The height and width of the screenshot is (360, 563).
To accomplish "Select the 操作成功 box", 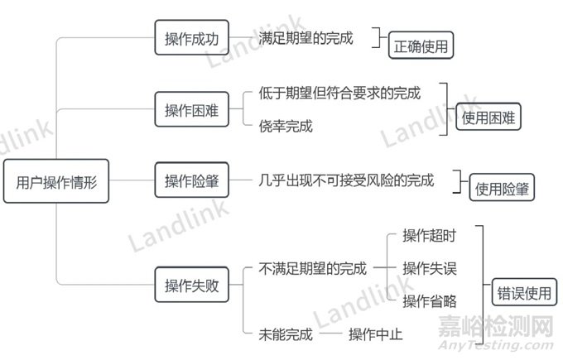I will click(191, 38).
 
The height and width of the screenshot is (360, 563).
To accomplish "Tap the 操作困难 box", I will click(191, 111).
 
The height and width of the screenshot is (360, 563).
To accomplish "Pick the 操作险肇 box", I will click(191, 181).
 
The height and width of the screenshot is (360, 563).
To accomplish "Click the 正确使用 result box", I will click(422, 47).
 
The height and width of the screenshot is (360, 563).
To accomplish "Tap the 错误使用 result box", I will click(522, 292).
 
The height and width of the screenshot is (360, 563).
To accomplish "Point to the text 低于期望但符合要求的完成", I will click(339, 94).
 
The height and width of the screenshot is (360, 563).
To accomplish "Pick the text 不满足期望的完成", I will click(312, 268).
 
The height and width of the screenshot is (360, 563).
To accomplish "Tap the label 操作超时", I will click(429, 236).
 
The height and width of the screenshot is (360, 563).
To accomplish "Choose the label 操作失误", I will click(429, 268).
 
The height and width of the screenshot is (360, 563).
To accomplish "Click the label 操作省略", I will click(429, 300).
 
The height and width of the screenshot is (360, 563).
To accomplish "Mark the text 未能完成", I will click(286, 334).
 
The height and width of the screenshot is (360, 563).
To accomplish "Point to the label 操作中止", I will click(375, 334).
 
